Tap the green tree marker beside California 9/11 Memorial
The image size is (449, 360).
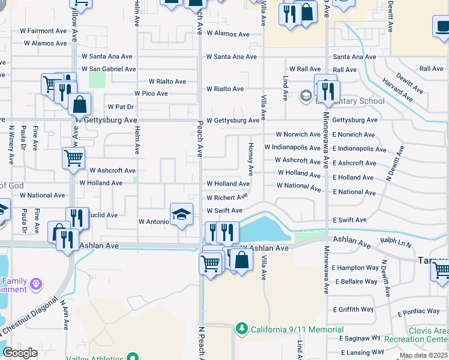tap(242, 329)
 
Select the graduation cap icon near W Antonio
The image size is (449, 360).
tap(181, 214)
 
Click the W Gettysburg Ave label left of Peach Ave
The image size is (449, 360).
tap(106, 120)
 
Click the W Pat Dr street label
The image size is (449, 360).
tap(121, 106)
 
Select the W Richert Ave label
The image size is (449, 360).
tap(227, 197)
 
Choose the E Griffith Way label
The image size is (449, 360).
tap(353, 310)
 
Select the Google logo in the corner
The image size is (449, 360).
tap(20, 353)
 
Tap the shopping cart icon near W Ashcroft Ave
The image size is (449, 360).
tap(73, 159)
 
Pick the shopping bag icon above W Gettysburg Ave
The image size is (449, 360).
tap(79, 104)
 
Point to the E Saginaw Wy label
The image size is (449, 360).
tap(361, 338)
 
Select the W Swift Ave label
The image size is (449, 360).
tap(224, 211)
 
